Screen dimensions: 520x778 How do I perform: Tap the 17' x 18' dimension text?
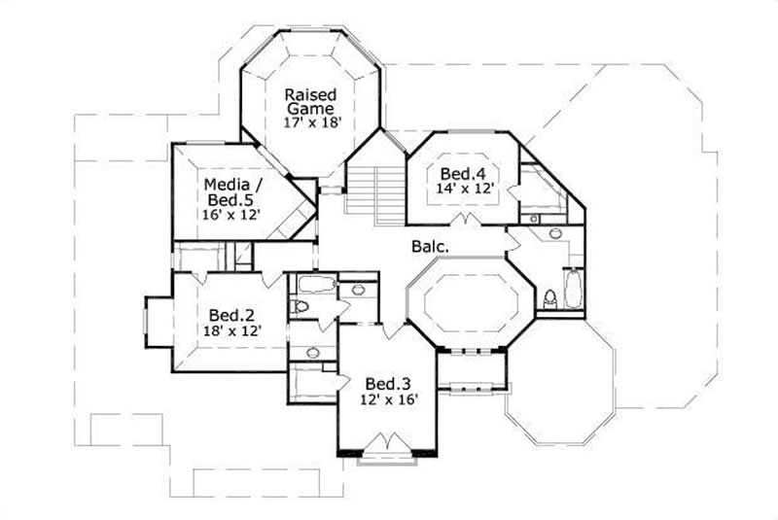pyautogui.click(x=310, y=123)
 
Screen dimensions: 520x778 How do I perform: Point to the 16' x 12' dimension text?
pyautogui.click(x=230, y=214)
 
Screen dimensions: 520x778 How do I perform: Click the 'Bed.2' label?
pyautogui.click(x=231, y=315)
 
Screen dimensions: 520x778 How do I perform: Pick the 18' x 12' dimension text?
pyautogui.click(x=231, y=331)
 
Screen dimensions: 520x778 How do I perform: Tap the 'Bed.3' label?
pyautogui.click(x=387, y=383)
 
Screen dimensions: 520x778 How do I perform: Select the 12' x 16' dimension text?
pyautogui.click(x=387, y=399)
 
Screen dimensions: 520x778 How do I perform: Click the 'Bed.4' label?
pyautogui.click(x=463, y=174)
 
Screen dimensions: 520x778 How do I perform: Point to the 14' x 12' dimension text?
pyautogui.click(x=463, y=191)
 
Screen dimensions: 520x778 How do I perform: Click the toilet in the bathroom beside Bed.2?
pyautogui.click(x=301, y=306)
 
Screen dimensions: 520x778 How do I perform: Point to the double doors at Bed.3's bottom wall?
pyautogui.click(x=386, y=443)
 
